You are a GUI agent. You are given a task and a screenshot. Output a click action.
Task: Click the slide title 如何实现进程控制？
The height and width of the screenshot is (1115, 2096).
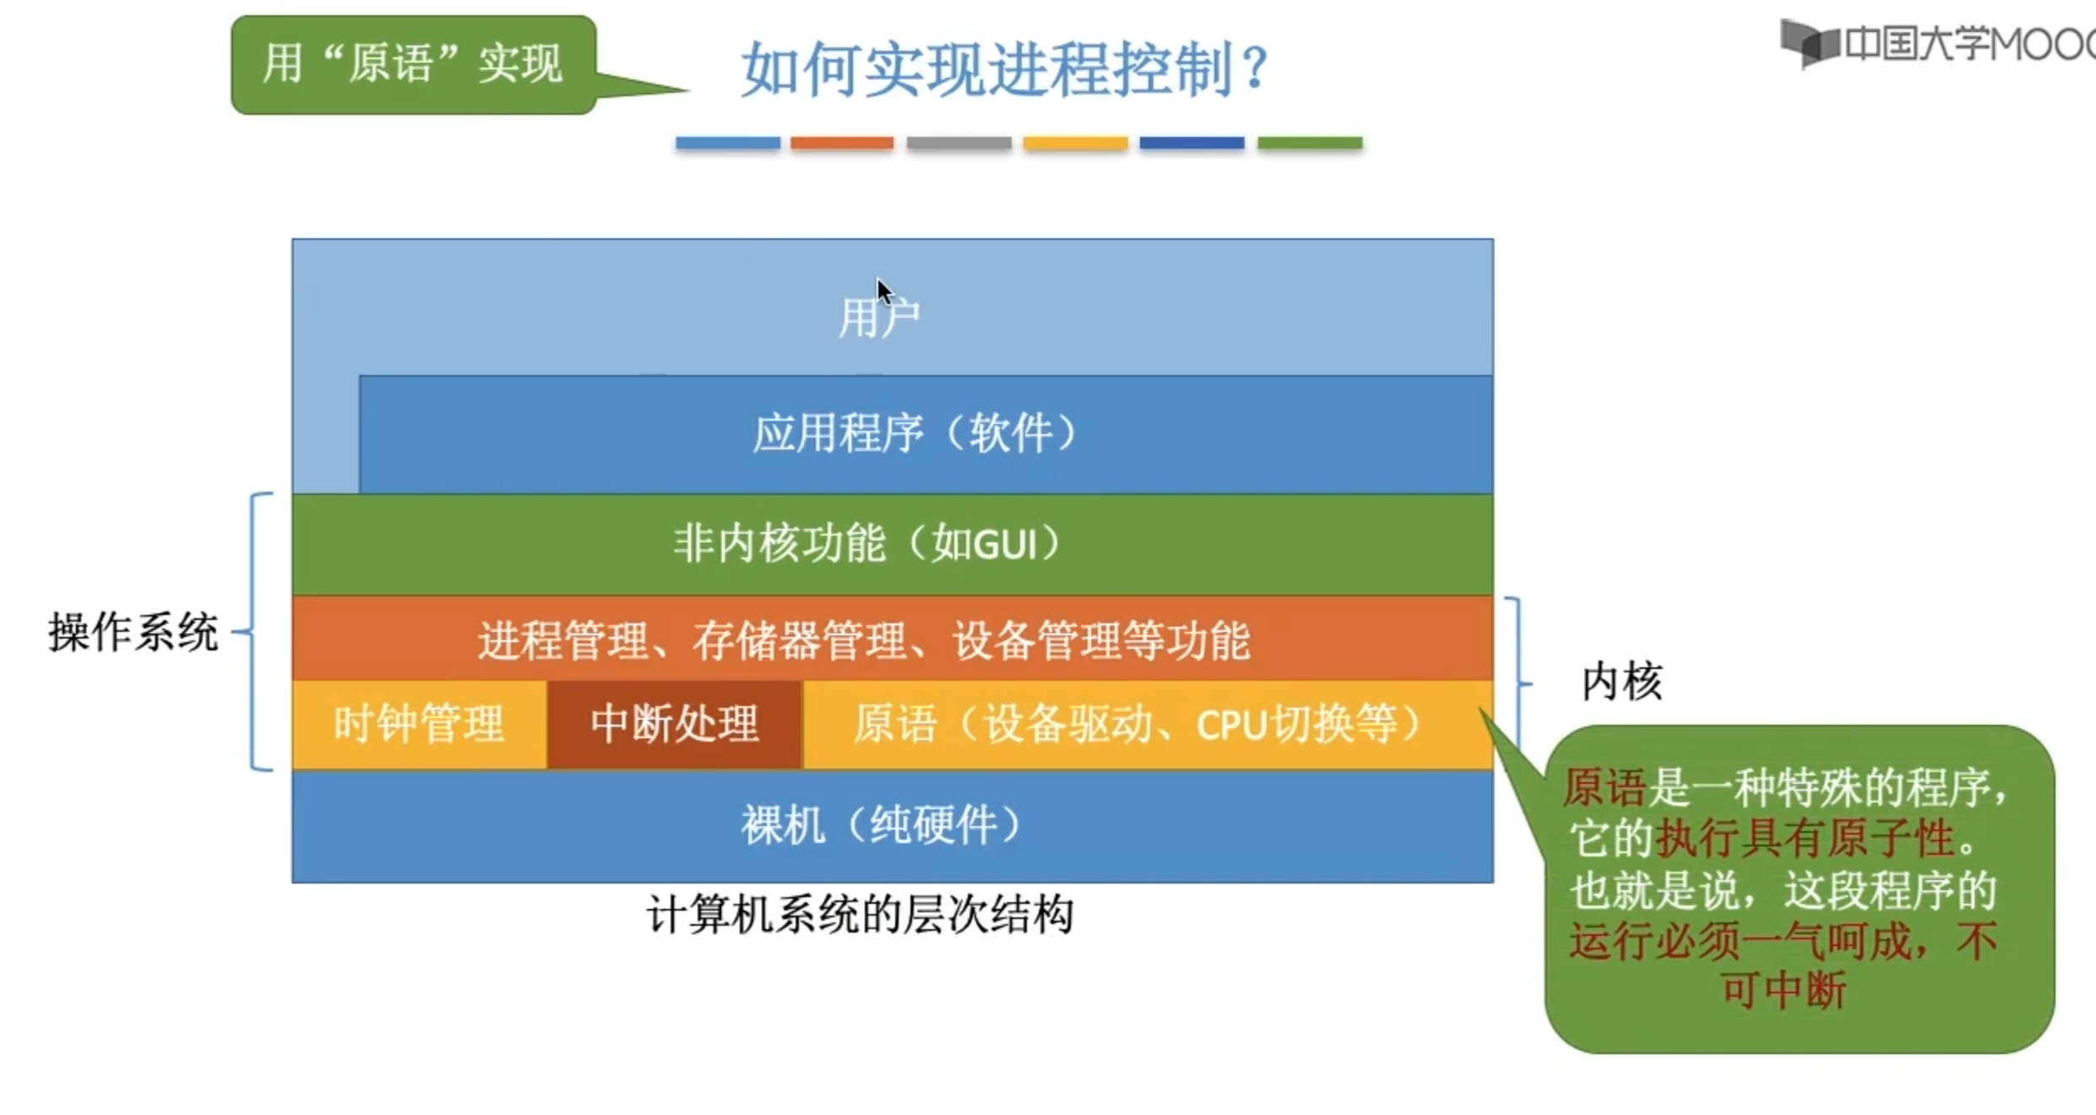1005,69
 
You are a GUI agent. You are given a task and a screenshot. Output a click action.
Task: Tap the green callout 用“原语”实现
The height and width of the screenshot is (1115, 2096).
413,64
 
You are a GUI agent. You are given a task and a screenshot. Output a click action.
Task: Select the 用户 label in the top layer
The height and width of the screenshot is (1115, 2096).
878,318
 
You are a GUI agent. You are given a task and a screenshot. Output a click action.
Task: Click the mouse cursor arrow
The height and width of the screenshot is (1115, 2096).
882,291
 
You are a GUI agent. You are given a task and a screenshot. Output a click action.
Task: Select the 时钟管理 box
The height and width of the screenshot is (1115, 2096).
419,725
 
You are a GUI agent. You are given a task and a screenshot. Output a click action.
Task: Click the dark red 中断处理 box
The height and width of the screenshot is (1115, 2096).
674,725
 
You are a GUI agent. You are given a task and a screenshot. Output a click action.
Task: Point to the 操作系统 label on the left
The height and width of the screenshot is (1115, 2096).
133,632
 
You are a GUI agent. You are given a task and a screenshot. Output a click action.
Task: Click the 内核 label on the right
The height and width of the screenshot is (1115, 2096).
1621,681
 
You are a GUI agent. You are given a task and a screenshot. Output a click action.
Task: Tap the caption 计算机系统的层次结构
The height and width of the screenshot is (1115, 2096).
860,915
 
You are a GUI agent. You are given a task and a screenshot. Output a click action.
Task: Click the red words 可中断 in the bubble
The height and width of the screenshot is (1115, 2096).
1784,990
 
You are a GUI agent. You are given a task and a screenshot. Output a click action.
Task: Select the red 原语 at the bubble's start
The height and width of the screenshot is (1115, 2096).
1604,788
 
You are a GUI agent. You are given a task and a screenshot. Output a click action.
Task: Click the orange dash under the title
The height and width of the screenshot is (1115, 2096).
842,144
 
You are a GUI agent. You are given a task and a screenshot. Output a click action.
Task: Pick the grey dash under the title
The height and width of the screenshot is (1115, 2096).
958,144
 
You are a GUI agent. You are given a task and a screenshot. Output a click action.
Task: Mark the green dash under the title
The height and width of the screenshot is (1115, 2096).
1310,144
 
